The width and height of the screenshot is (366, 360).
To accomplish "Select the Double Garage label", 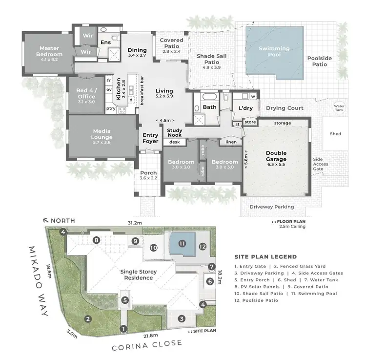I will tap(276, 156).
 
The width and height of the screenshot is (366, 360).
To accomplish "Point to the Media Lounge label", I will tap(102, 134).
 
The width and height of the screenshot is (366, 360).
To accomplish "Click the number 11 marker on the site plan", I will tap(182, 243).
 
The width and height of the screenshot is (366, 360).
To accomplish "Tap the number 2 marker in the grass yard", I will tap(88, 319).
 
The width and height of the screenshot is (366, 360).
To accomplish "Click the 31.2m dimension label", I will tap(135, 222).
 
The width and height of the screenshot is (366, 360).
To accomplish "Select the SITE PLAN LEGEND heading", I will tap(265, 257).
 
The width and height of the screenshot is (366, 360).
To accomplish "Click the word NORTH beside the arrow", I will tap(62, 221).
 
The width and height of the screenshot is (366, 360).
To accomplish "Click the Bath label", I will tap(209, 107).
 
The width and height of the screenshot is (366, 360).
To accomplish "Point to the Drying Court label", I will tap(285, 108).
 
